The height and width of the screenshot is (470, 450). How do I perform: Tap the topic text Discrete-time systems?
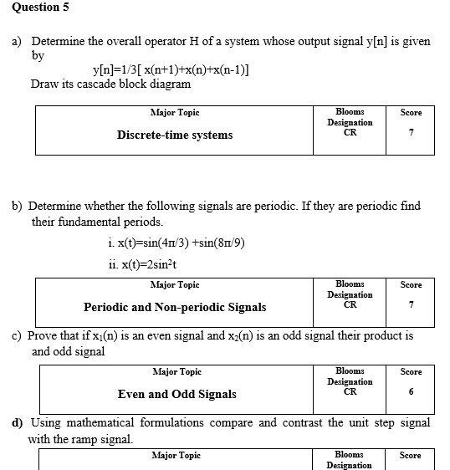[175, 135]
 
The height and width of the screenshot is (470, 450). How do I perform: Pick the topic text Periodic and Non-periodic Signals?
[175, 307]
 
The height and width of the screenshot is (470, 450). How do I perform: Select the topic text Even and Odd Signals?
[176, 394]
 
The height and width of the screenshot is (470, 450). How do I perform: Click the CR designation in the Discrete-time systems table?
[350, 130]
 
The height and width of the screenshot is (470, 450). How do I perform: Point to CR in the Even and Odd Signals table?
[350, 390]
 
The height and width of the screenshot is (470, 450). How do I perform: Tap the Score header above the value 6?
[411, 371]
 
